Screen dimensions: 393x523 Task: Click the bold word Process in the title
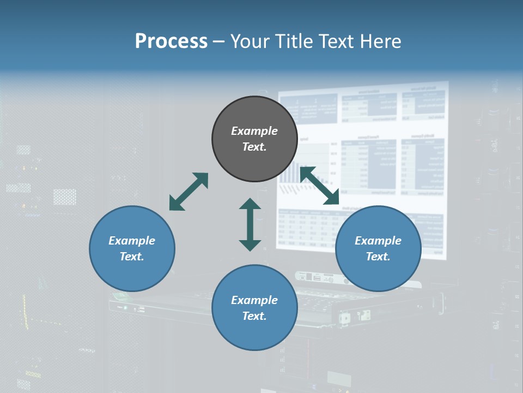pyautogui.click(x=171, y=41)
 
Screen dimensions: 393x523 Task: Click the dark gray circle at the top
pyautogui.click(x=254, y=115)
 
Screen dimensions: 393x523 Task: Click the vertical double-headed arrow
pyautogui.click(x=250, y=224)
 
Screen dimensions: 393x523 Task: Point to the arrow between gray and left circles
pyautogui.click(x=188, y=192)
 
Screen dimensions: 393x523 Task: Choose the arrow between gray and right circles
pyautogui.click(x=320, y=186)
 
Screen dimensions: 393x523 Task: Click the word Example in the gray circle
pyautogui.click(x=254, y=131)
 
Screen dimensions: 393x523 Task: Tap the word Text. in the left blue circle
pyautogui.click(x=132, y=257)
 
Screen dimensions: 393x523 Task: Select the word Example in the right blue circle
pyautogui.click(x=378, y=241)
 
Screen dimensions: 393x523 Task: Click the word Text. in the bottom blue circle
pyautogui.click(x=254, y=316)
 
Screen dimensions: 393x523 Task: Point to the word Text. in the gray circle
pyautogui.click(x=254, y=147)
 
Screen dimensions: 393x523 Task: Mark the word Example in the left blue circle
pyautogui.click(x=132, y=241)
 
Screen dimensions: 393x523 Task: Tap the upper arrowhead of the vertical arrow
pyautogui.click(x=250, y=204)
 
